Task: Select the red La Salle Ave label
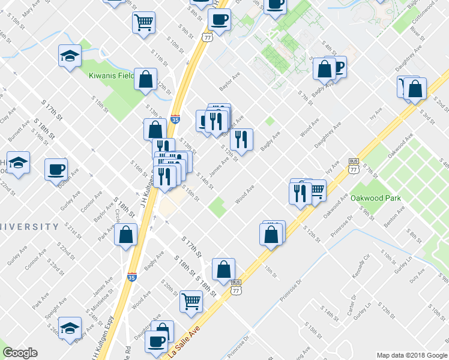click(183, 344)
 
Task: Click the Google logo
click(20, 353)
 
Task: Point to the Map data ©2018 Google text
click(412, 355)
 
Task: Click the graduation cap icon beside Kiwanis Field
click(70, 57)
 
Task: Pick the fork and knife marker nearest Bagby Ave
click(241, 140)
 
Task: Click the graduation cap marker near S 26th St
click(70, 328)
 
